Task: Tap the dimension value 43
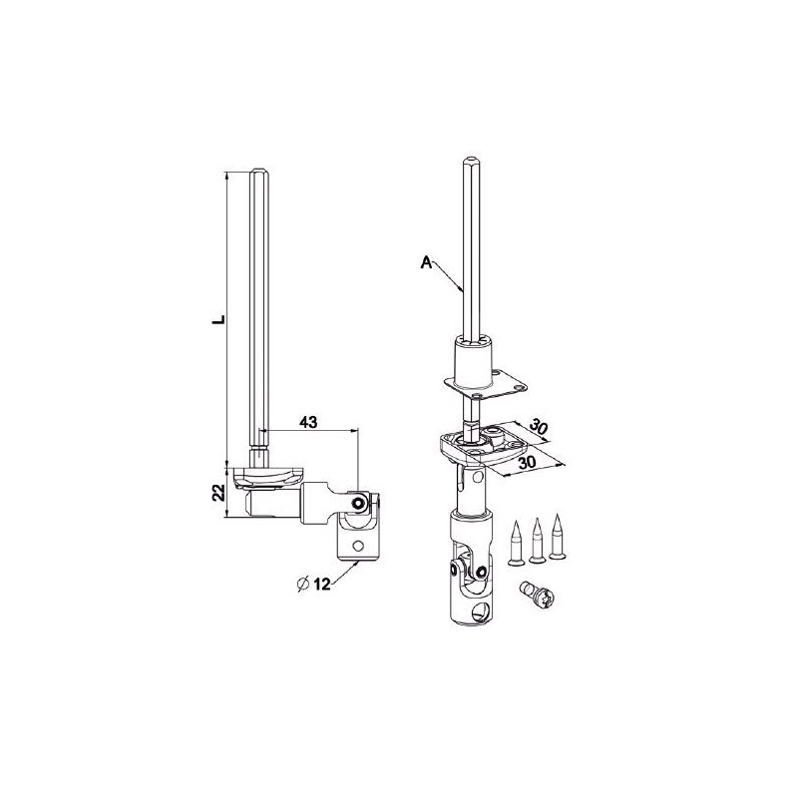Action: [x=307, y=423]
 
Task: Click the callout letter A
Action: [x=426, y=262]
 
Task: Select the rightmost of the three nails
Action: [x=560, y=535]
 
